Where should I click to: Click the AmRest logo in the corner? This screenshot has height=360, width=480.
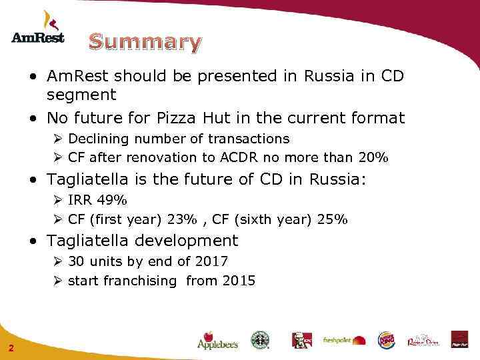pos(38,28)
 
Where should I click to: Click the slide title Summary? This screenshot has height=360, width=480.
pos(145,42)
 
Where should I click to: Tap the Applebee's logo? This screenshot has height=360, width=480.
pos(217,341)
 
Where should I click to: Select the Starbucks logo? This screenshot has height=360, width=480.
pos(260,340)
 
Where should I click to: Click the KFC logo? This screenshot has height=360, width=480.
pos(301,340)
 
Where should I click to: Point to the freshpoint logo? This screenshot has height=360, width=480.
pos(345,340)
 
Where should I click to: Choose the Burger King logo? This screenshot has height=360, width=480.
pos(387,340)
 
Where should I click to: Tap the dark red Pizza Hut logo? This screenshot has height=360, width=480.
pos(459,339)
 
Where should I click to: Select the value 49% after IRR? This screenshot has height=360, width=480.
pos(112,200)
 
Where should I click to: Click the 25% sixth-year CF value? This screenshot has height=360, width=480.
pos(333,219)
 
